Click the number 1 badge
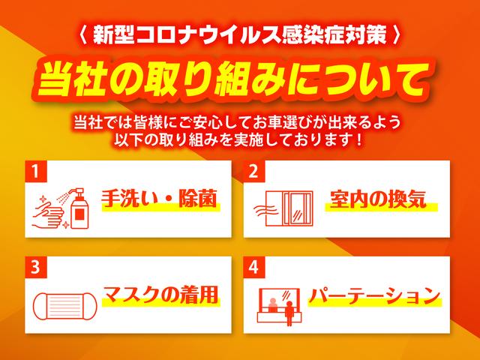[36, 172]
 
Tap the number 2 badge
[254, 172]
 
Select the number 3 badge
[36, 267]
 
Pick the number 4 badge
[254, 267]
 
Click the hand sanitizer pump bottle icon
[78, 208]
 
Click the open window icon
[289, 208]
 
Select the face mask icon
[64, 306]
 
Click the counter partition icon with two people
[280, 307]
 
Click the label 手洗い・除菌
[159, 199]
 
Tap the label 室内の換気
[378, 199]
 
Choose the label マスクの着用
[160, 295]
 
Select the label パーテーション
[374, 295]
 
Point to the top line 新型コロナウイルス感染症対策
[240, 34]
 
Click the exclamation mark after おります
[359, 140]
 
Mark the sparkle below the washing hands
[65, 226]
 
